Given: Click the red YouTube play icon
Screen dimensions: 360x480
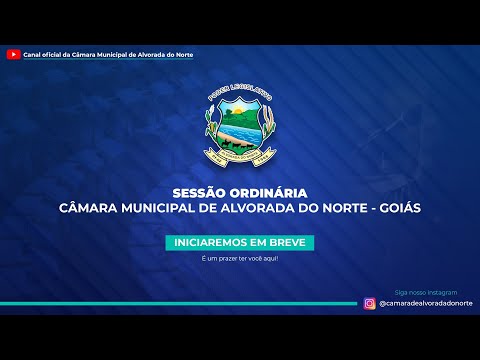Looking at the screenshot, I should click(13, 54).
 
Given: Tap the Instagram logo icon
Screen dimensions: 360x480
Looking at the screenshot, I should click(370, 304).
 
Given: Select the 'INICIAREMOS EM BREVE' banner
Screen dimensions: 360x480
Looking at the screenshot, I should click(239, 243).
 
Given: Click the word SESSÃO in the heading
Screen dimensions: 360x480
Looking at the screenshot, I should click(196, 192).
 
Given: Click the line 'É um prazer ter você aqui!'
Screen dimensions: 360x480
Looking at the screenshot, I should click(239, 259).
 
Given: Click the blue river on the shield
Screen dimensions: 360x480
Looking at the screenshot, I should click(239, 133).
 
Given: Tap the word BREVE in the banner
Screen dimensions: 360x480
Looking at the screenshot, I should click(289, 243).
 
